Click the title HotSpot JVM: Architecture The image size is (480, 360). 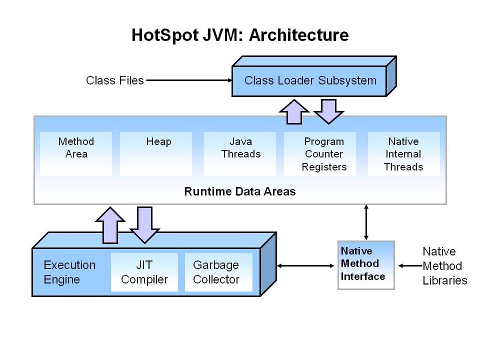(240, 35)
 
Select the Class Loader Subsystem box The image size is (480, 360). (310, 81)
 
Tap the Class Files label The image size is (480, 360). (115, 80)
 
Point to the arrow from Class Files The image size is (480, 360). (188, 80)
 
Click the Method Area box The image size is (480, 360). (76, 154)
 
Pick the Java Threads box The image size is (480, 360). (240, 154)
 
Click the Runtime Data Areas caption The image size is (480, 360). (240, 192)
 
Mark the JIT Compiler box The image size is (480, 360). (144, 272)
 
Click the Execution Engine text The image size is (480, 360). (69, 272)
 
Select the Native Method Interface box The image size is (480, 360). (366, 265)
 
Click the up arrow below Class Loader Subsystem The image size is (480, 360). (294, 112)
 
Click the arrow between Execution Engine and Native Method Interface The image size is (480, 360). (305, 266)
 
